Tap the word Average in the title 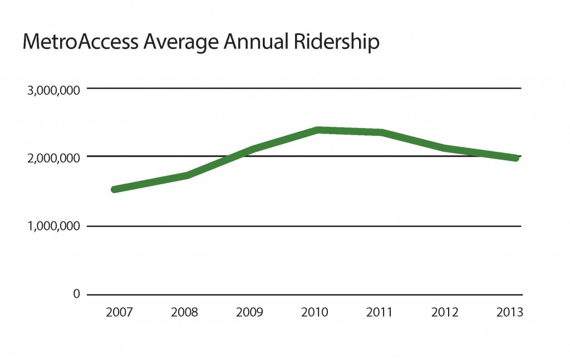(175, 43)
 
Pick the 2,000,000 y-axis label (54, 158)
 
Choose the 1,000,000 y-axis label (54, 226)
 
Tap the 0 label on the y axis (77, 294)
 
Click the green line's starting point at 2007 (115, 190)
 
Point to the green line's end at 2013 (516, 158)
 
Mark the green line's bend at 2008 (188, 175)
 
